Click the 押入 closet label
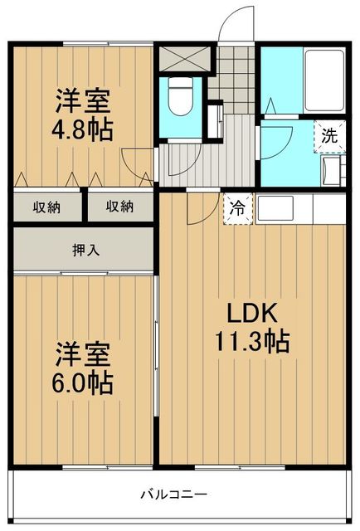[84, 249]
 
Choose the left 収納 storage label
[46, 207]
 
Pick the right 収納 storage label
[119, 207]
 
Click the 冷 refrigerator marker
[236, 209]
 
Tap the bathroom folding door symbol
[271, 108]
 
